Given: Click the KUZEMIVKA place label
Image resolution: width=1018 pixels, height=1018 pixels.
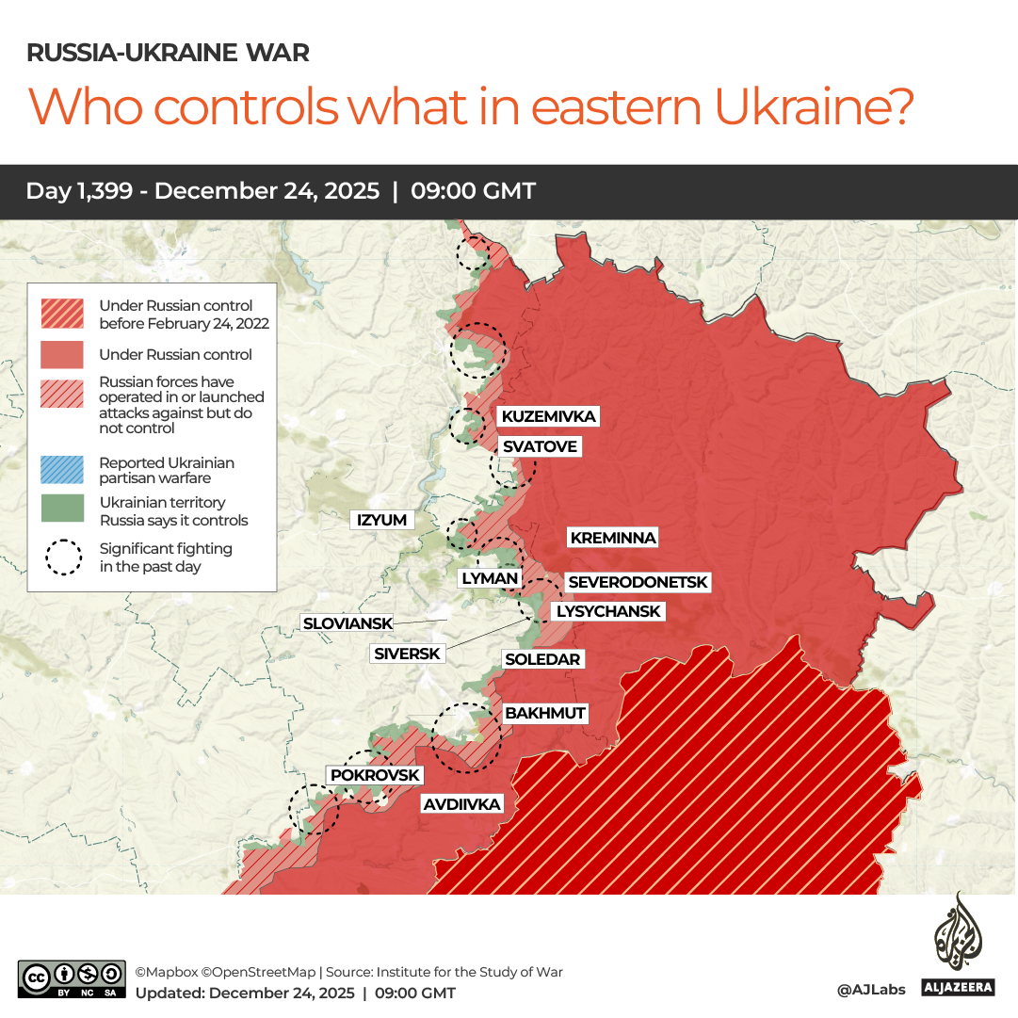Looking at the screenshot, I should tap(549, 416).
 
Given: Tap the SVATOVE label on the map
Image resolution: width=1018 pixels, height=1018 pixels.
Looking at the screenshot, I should tap(540, 446).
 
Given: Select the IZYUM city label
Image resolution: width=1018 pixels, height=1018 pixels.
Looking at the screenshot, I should tap(381, 520).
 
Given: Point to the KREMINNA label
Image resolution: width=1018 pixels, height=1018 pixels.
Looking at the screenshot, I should tap(612, 538).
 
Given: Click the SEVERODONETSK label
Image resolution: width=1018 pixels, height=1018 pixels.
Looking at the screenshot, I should tap(638, 583).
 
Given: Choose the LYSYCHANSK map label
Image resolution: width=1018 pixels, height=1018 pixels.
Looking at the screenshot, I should tap(608, 611).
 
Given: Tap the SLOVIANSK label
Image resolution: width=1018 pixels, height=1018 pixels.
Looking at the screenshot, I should tap(347, 623).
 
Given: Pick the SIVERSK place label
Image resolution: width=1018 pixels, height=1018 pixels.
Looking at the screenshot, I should tap(407, 653).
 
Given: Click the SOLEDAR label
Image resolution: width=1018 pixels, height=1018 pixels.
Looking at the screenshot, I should tap(542, 659).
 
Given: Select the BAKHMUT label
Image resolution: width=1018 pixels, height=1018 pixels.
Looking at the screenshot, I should tap(545, 713).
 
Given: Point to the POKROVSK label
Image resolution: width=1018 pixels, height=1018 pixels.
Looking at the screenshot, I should tap(375, 775).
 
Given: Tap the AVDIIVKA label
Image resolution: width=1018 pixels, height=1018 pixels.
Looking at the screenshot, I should tap(461, 804).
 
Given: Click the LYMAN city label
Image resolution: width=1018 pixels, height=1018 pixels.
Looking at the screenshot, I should tap(490, 578).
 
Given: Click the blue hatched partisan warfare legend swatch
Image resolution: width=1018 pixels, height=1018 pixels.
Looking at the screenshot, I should tap(64, 469).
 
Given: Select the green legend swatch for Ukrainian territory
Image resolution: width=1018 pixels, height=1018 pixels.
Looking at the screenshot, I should tap(64, 509).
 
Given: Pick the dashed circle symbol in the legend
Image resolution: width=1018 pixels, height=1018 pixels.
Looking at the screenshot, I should tap(64, 557).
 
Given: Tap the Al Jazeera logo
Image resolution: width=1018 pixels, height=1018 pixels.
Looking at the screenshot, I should tap(958, 945).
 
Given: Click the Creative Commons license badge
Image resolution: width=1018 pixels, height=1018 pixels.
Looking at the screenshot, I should tap(72, 979).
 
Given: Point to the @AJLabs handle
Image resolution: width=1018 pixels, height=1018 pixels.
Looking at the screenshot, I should tap(871, 990).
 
